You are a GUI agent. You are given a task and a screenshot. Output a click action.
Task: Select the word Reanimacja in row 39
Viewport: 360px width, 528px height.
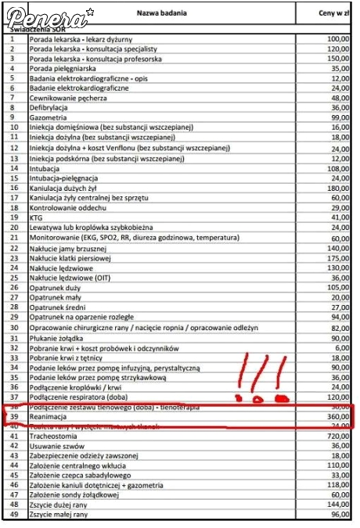point(52,418)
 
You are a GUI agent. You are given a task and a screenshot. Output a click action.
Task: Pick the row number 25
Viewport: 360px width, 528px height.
point(13,277)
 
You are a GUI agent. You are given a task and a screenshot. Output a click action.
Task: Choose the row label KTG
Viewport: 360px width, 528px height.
point(37,217)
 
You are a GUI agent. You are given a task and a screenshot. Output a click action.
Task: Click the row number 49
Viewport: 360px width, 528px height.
point(13,515)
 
